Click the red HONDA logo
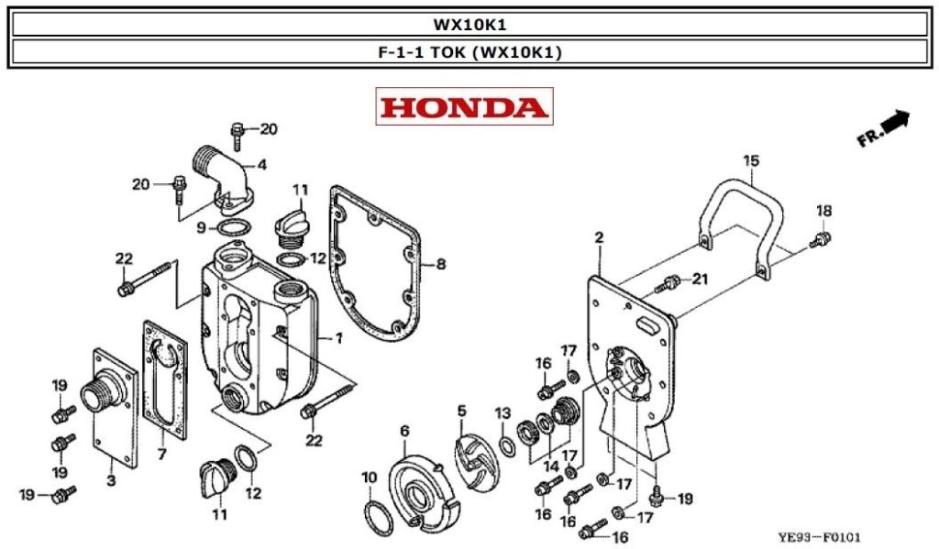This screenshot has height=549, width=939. point(465,107)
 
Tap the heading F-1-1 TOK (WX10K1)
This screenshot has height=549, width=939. point(469,52)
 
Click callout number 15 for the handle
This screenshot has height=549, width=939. point(751,162)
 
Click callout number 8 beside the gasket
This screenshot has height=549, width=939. point(441,265)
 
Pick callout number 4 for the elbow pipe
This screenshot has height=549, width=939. point(261,166)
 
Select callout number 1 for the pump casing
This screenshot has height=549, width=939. point(338,338)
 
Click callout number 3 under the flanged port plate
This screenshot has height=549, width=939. point(111,480)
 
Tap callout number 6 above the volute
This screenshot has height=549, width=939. point(404,431)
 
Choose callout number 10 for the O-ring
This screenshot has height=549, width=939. point(369,477)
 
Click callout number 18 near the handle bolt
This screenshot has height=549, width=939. point(823,212)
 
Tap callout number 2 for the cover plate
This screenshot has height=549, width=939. point(599,238)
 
